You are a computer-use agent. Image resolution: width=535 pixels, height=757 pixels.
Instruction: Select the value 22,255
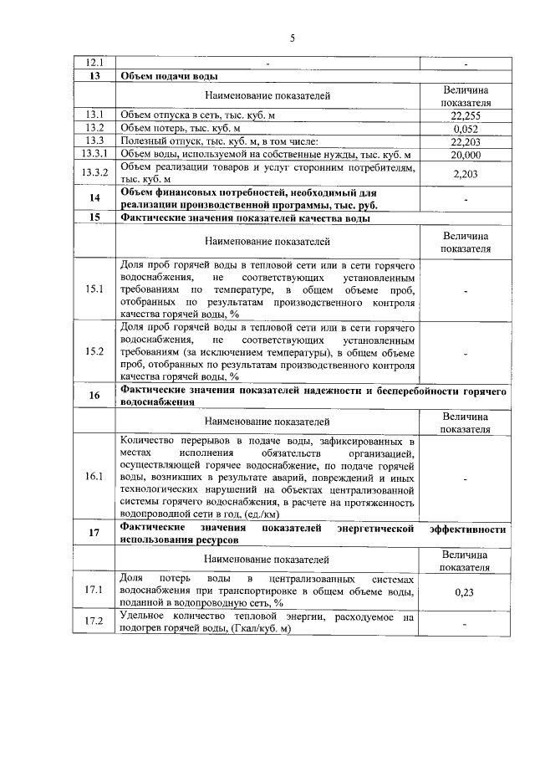coord(465,116)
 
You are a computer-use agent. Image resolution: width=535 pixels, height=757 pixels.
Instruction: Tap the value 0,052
coord(465,130)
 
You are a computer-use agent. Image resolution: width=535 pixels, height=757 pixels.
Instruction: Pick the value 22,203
coord(465,142)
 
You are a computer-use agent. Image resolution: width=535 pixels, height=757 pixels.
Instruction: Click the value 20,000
coord(465,155)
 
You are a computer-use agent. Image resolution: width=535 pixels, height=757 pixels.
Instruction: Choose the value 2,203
coord(465,173)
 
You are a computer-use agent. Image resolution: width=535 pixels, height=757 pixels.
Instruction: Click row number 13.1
coord(94,115)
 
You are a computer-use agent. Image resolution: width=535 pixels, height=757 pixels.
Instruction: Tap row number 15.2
coord(94,351)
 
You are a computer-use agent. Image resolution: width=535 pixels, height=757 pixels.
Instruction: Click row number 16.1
coord(94,477)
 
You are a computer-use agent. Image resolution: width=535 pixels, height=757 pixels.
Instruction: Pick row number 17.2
coord(94,621)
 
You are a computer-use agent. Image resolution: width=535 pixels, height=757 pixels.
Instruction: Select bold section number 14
coord(94,197)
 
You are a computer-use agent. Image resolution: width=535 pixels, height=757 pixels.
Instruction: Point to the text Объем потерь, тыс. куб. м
coord(180,129)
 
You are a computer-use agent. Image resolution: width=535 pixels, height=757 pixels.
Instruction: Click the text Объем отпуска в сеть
coord(171,115)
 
